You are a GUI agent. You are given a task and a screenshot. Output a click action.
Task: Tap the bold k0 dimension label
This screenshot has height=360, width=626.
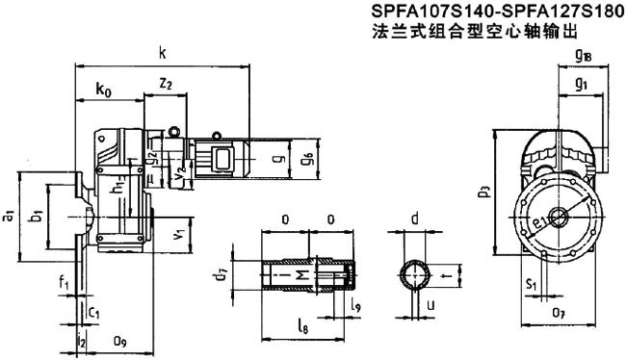pyautogui.click(x=103, y=90)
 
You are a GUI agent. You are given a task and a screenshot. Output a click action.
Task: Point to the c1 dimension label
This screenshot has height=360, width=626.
pyautogui.click(x=93, y=313)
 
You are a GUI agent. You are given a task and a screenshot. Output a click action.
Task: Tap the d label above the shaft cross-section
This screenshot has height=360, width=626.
pyautogui.click(x=415, y=219)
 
